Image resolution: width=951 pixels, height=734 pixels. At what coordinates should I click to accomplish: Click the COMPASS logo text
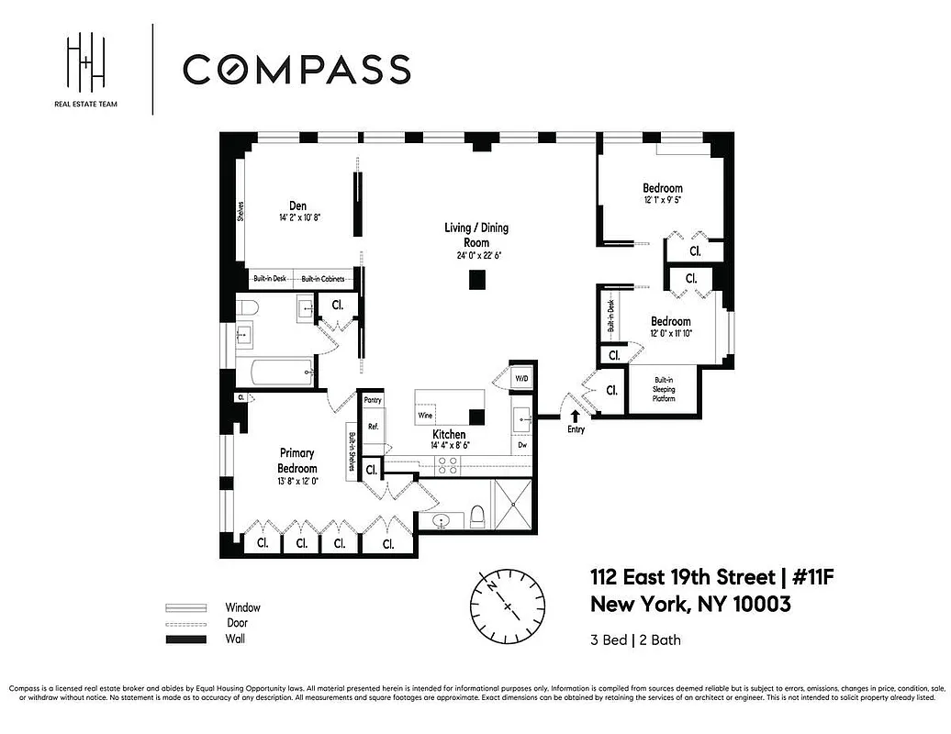(x=296, y=70)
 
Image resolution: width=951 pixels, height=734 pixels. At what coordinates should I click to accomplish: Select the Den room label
(x=297, y=206)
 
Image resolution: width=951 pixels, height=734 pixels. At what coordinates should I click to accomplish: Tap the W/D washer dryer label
(x=521, y=377)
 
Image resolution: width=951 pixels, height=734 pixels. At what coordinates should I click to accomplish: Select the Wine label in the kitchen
(x=425, y=416)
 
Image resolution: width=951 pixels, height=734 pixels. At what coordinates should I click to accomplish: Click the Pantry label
(x=373, y=400)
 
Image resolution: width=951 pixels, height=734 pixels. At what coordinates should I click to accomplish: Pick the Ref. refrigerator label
(x=374, y=427)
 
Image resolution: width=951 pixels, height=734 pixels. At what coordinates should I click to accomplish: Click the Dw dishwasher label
(x=521, y=445)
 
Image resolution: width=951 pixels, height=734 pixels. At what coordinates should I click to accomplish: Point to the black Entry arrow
(x=576, y=416)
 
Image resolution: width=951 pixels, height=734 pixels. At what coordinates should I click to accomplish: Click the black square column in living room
(x=476, y=282)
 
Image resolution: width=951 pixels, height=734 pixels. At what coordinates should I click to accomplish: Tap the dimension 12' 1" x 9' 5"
(x=663, y=198)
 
